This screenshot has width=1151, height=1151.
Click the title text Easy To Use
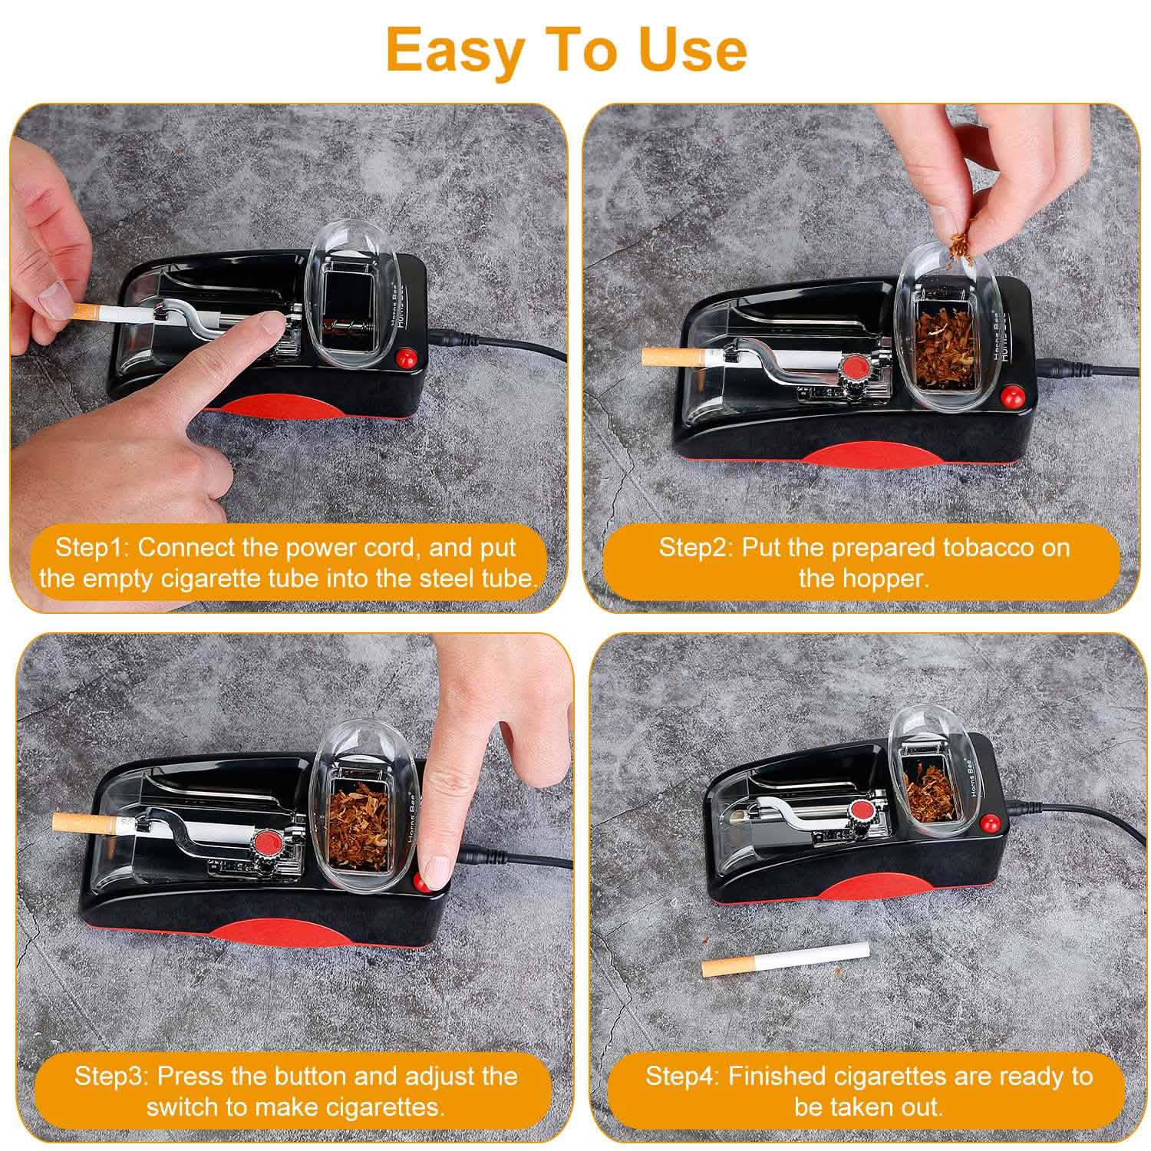(x=566, y=50)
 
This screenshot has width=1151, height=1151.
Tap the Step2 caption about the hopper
(x=863, y=562)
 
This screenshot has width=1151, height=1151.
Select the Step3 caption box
(x=295, y=1090)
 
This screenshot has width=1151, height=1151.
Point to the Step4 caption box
(x=868, y=1090)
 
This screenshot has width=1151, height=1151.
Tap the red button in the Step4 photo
(x=989, y=824)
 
